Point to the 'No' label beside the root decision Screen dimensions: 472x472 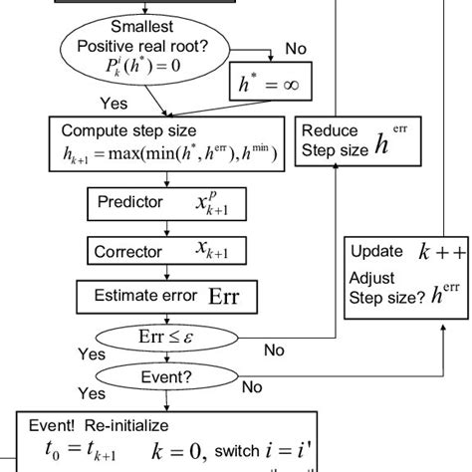pyautogui.click(x=297, y=48)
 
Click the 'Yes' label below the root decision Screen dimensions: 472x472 pyautogui.click(x=114, y=101)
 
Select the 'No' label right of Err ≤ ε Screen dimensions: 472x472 pyautogui.click(x=274, y=350)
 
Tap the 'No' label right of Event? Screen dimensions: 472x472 pyautogui.click(x=254, y=387)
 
